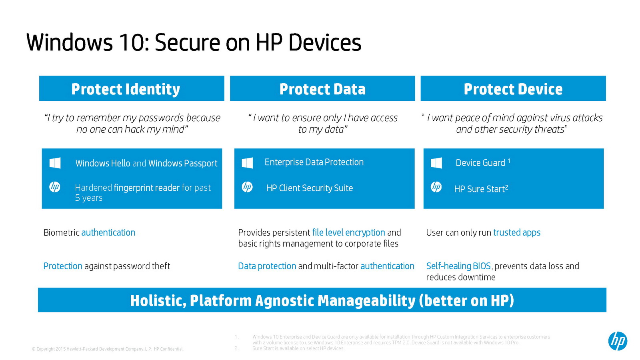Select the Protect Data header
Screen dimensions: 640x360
[x=322, y=88]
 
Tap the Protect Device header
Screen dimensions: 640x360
[x=513, y=88]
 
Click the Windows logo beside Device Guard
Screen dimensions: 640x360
[x=436, y=163]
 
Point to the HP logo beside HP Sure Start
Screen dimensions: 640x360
[x=436, y=187]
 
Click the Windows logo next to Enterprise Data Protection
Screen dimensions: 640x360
[x=247, y=163]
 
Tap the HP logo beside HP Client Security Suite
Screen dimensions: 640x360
[x=247, y=187]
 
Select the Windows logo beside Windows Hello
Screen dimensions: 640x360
[x=55, y=163]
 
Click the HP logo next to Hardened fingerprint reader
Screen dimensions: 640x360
[x=54, y=187]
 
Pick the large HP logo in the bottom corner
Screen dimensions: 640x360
[x=618, y=341]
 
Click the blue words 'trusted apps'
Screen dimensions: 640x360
[x=517, y=232]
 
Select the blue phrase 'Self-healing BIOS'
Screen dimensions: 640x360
[x=458, y=266]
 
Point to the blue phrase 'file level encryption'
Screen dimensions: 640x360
[x=348, y=232]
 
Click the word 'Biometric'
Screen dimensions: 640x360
[x=62, y=232]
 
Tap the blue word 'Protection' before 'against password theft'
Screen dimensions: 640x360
[x=63, y=266]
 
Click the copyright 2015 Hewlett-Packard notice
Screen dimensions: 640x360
[x=108, y=349]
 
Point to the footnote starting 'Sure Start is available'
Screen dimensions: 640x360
[x=298, y=348]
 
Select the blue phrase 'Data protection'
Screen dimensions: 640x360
[x=267, y=266]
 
